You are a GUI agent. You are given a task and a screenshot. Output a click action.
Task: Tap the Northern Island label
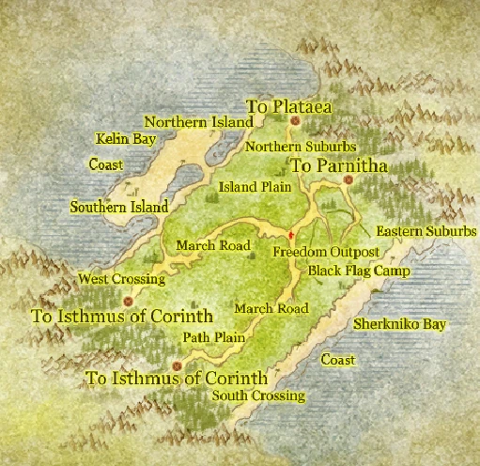198,122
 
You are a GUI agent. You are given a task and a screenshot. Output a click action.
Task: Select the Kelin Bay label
125,139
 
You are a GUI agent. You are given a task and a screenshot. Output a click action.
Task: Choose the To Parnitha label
339,165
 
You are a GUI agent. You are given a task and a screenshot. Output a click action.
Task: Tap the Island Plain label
255,187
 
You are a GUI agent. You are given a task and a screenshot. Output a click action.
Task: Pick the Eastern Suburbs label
426,231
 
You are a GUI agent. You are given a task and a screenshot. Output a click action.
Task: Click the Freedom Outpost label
325,253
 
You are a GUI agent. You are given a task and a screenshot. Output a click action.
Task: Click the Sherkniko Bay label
400,325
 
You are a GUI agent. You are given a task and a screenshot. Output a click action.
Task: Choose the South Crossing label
258,396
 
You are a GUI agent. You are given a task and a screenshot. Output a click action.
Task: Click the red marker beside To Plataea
295,121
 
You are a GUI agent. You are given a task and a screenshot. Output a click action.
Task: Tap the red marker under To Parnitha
348,179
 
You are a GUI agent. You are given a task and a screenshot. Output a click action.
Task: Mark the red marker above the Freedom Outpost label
292,233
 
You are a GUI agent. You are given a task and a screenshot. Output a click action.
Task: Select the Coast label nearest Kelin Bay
106,165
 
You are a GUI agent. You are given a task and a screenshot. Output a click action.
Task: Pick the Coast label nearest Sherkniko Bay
338,360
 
